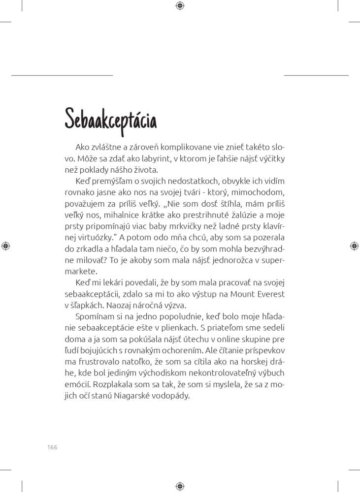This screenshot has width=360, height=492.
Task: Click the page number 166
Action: point(52,447)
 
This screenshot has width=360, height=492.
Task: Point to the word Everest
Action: point(269,294)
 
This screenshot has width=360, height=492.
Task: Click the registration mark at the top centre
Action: point(180,5)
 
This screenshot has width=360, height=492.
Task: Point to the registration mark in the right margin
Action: point(354,246)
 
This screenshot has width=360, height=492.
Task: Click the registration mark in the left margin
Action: point(5,246)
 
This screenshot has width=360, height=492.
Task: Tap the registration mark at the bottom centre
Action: point(180,486)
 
